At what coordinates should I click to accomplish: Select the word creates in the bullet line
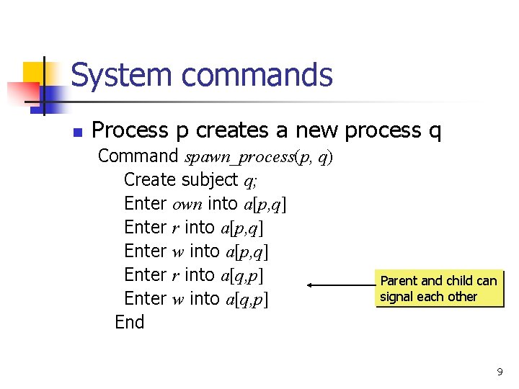click(231, 130)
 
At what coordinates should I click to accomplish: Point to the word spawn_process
click(239, 156)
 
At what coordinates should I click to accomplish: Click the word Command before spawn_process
click(138, 156)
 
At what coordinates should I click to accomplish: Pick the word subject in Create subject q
click(210, 179)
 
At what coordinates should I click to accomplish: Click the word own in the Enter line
click(187, 204)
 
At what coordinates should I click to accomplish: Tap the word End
click(130, 322)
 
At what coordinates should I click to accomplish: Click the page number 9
click(500, 372)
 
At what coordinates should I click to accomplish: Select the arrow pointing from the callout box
click(339, 285)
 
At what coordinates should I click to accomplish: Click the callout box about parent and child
click(438, 289)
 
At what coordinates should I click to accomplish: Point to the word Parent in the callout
click(399, 281)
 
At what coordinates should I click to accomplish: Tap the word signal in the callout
click(398, 297)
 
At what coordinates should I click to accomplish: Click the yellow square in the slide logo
click(35, 73)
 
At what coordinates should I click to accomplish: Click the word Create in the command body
click(150, 179)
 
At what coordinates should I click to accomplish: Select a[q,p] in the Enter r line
click(242, 275)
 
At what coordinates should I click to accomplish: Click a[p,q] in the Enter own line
click(265, 204)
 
